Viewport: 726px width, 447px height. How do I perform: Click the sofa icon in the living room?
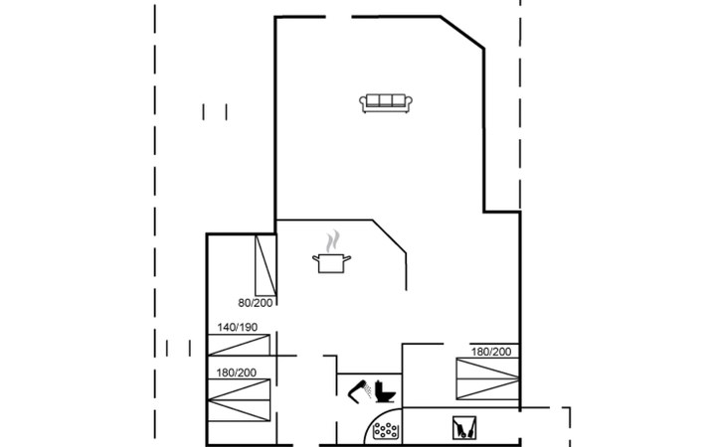coord(386,103)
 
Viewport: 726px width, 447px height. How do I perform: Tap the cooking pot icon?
coord(331,263)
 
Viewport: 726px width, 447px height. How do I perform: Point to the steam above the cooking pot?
coord(332,241)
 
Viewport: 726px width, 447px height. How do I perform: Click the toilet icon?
coord(385,392)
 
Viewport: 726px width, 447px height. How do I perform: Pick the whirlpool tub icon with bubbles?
coord(386,430)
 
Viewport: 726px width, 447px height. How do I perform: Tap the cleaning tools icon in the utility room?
coord(463,428)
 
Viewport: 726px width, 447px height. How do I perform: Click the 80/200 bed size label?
coord(256,303)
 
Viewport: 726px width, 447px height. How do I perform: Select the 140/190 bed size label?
coord(237,327)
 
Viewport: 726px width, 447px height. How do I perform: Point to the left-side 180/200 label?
coord(236,372)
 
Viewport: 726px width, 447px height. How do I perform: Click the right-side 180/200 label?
coord(491,352)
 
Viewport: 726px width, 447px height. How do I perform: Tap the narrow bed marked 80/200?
coord(266,266)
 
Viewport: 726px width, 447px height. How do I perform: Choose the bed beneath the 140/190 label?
coord(239,346)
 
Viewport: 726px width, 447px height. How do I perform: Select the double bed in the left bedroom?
coord(239,400)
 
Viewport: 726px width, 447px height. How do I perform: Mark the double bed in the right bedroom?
coord(487,378)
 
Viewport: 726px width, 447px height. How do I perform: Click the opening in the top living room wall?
coord(338,17)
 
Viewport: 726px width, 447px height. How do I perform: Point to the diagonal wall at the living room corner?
coord(462,32)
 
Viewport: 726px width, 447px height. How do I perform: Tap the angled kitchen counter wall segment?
coord(389,236)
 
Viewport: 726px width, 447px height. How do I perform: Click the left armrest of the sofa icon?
coord(363,102)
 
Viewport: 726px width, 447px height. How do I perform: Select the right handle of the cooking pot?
coord(347,258)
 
